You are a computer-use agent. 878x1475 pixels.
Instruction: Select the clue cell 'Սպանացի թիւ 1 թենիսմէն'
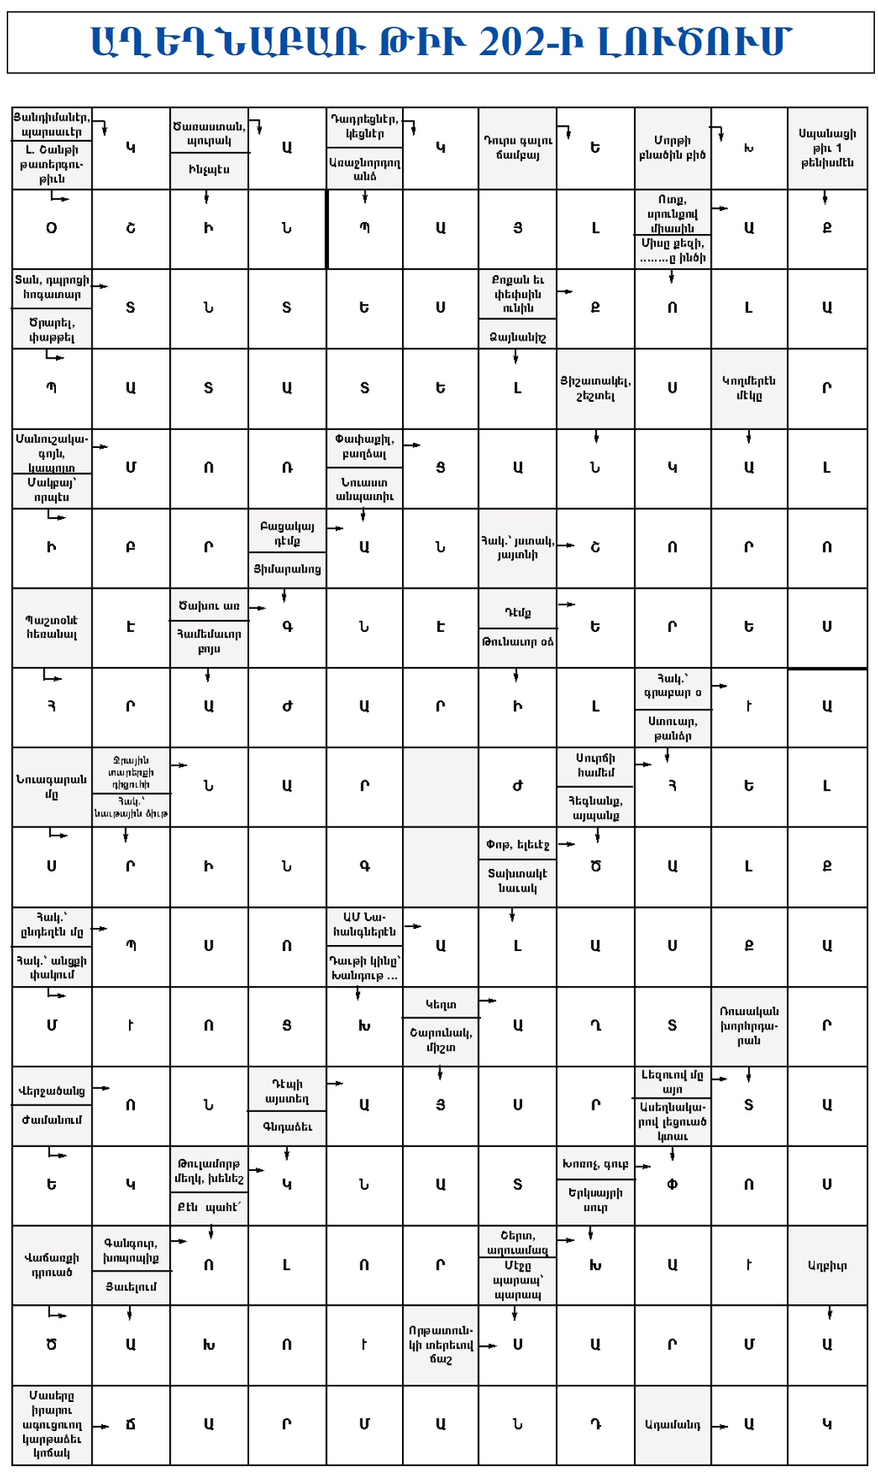(x=827, y=148)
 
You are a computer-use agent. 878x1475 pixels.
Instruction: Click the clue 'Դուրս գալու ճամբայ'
(x=517, y=148)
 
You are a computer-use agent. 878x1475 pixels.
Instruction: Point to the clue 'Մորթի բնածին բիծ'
(x=671, y=148)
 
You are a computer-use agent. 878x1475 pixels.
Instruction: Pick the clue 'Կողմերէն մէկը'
(x=748, y=388)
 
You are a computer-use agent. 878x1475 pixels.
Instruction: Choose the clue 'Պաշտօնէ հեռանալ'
(x=51, y=627)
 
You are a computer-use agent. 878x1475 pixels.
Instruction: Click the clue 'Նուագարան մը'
(x=51, y=786)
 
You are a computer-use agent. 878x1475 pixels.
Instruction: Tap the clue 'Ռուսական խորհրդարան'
(x=748, y=1026)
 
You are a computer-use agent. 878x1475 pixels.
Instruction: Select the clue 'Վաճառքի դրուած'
(x=51, y=1265)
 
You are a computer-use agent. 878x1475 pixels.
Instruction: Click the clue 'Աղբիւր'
(x=827, y=1265)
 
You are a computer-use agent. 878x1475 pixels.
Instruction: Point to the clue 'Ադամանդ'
(x=671, y=1424)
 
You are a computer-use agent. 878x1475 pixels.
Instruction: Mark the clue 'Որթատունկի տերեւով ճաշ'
(x=440, y=1345)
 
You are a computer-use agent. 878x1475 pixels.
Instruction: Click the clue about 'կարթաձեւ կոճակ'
(x=51, y=1424)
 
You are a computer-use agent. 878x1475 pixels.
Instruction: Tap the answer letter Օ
(x=51, y=228)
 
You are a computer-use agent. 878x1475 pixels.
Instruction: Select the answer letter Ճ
(x=131, y=1424)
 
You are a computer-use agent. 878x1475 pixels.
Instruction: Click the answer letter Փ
(x=671, y=1185)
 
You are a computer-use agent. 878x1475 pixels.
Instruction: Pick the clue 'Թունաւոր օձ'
(x=517, y=642)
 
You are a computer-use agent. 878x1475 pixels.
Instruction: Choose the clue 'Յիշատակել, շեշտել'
(x=595, y=388)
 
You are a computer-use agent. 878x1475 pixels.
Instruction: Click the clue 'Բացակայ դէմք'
(x=286, y=533)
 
